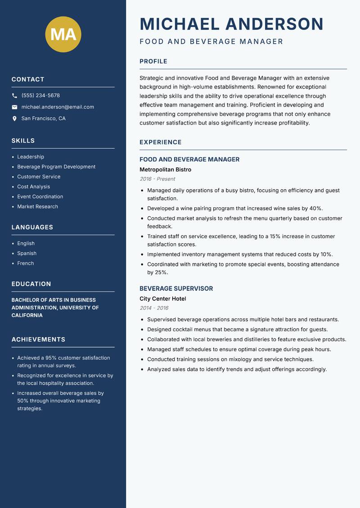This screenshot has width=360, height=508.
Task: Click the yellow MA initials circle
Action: [63, 35]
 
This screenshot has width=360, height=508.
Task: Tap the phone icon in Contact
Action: [14, 96]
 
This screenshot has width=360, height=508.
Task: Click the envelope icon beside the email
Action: [14, 107]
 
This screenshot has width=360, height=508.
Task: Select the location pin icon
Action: [14, 119]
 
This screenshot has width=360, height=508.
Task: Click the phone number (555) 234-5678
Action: [40, 96]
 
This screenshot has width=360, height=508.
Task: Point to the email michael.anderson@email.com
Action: [58, 107]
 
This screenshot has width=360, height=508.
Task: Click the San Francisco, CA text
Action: [43, 119]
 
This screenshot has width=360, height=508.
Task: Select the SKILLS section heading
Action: [23, 141]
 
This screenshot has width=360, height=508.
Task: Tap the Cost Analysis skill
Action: [33, 187]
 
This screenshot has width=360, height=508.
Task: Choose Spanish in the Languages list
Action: [27, 254]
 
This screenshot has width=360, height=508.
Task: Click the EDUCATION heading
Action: [31, 284]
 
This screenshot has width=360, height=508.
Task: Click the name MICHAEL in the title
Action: [180, 24]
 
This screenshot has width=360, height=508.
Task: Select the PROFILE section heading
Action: [153, 62]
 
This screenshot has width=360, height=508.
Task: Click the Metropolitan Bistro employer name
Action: [165, 170]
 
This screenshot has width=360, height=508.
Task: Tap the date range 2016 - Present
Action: [157, 179]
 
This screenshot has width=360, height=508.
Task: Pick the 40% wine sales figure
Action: [315, 209]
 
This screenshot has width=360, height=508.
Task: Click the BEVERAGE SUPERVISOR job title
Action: [176, 289]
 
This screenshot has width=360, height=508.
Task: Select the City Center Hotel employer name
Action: [162, 299]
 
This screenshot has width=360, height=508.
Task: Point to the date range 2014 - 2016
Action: [154, 308]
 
